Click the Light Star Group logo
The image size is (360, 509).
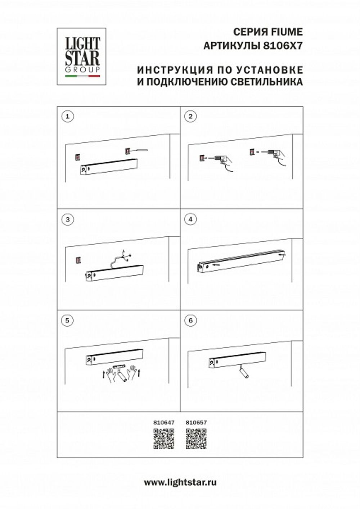81,56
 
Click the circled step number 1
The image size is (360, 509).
67,116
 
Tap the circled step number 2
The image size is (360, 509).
190,116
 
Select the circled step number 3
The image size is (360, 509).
67,219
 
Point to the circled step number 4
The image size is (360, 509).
190,219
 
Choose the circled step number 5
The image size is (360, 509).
67,321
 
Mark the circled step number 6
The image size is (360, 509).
190,321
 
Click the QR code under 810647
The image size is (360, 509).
164,439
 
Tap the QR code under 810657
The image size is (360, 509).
196,439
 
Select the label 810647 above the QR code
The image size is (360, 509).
164,423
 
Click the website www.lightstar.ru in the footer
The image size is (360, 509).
180,482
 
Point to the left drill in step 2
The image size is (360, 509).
220,159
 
